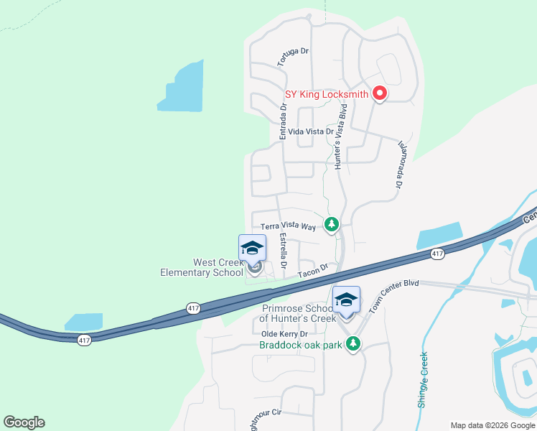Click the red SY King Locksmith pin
pos(379,94)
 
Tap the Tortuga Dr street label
pos(293,57)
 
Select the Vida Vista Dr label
pos(310,132)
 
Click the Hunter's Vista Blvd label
pos(343,136)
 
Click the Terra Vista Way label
pos(288,226)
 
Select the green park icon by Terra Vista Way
pos(331,225)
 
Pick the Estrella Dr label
pos(284,249)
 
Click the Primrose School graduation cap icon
pos(346,300)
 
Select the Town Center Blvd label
pos(393,295)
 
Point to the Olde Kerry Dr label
pos(284,334)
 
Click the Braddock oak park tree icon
pos(352,345)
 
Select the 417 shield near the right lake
pos(436,254)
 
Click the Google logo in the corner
pos(24,422)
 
